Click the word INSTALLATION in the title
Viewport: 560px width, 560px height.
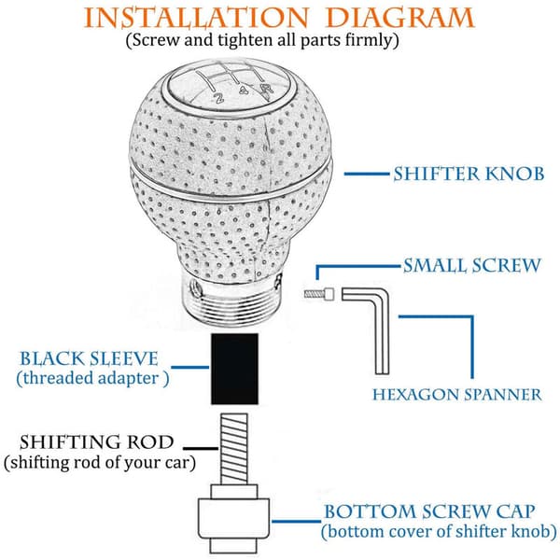click(196, 18)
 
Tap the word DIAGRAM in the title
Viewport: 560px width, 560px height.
click(400, 18)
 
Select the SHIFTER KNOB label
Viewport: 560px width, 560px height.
click(469, 174)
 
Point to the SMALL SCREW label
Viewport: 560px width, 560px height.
click(472, 266)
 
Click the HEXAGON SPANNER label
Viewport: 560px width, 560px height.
click(457, 395)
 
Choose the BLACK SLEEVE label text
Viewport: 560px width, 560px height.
click(89, 358)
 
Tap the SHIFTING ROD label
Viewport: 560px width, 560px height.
click(96, 441)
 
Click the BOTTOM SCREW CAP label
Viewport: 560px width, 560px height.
click(429, 511)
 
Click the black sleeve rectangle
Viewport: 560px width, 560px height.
click(234, 369)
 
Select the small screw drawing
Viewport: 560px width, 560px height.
click(319, 294)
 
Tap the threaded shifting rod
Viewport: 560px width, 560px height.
click(234, 449)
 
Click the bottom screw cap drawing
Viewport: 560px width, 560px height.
click(234, 519)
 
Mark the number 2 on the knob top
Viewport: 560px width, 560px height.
click(218, 97)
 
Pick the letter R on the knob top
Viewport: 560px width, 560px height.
click(266, 90)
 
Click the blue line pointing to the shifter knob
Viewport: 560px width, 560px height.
click(367, 174)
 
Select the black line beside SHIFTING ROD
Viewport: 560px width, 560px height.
click(201, 448)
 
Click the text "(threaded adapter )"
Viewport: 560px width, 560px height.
click(92, 379)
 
